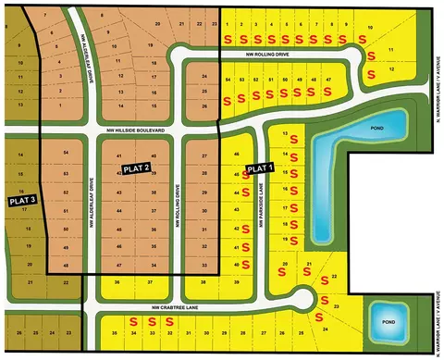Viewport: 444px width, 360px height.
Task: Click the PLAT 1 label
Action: click(x=260, y=168)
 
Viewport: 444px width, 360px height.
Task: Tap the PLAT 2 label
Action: click(x=135, y=168)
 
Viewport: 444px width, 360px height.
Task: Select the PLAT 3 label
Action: click(x=21, y=199)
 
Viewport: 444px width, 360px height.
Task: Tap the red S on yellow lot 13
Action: click(x=295, y=140)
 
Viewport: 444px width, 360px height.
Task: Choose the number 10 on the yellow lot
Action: click(x=370, y=28)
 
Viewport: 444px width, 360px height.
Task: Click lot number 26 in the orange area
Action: click(x=203, y=106)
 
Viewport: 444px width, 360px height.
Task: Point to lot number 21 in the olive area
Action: click(x=31, y=279)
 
